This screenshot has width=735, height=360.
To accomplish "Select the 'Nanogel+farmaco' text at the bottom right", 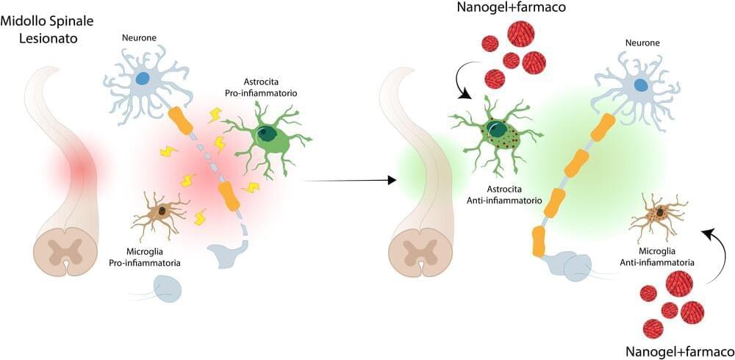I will (678, 350).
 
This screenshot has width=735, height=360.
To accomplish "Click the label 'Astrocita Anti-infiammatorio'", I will (501, 193).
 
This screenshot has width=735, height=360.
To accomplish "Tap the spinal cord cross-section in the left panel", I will (65, 252).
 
